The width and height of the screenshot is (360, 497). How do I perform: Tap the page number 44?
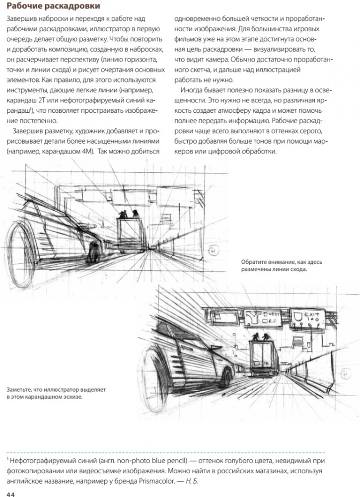point(10,492)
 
